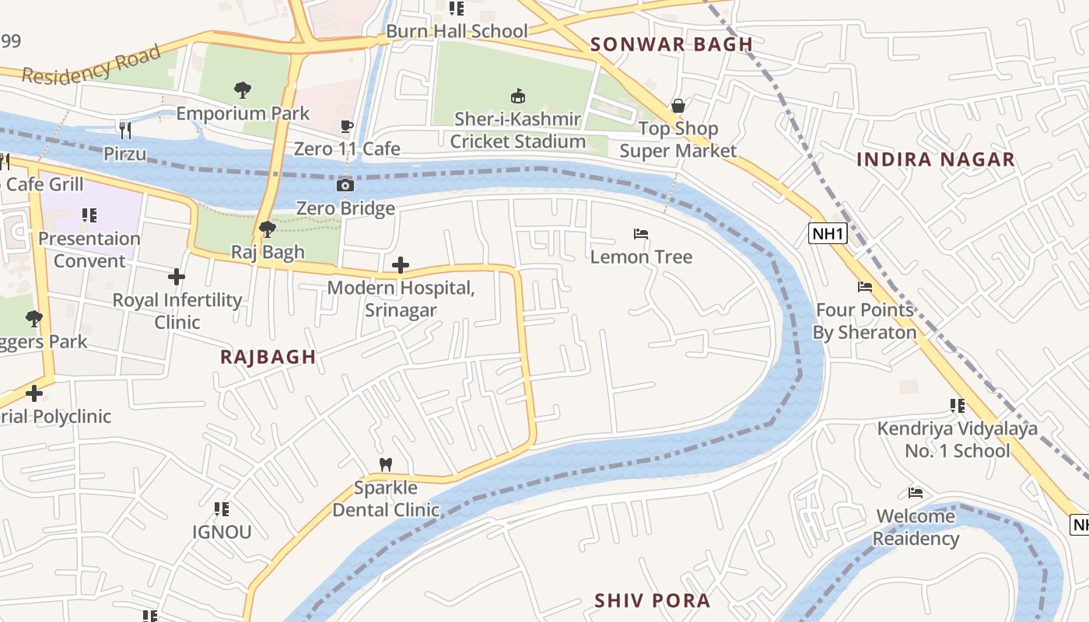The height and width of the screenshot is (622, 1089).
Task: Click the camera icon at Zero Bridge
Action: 345,185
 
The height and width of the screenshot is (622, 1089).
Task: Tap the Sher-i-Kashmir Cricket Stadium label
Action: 517,131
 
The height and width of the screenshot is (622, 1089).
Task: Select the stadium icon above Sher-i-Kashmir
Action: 517,96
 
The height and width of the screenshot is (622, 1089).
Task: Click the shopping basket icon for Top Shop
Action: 678,106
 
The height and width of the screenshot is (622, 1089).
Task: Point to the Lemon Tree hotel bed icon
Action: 641,234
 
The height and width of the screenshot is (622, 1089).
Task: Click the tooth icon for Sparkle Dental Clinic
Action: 385,465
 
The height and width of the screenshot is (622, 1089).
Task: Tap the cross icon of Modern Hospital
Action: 401,266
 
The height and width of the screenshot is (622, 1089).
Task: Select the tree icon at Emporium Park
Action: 243,90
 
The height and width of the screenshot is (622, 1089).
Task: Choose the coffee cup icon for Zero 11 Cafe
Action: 347,126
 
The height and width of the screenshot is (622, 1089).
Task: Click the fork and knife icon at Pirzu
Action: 124,129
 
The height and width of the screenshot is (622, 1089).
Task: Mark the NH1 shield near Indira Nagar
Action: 827,233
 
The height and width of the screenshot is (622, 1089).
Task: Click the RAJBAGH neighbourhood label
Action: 268,357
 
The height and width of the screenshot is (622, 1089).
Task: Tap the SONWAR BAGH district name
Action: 671,44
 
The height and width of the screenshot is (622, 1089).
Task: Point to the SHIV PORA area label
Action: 652,600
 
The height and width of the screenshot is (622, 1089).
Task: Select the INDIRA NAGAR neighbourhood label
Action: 935,159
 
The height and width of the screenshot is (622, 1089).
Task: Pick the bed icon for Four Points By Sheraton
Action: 864,287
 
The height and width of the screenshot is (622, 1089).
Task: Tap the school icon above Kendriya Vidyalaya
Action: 957,406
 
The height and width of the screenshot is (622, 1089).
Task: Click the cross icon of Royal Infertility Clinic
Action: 177,277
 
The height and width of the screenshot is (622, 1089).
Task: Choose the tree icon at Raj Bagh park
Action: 267,229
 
